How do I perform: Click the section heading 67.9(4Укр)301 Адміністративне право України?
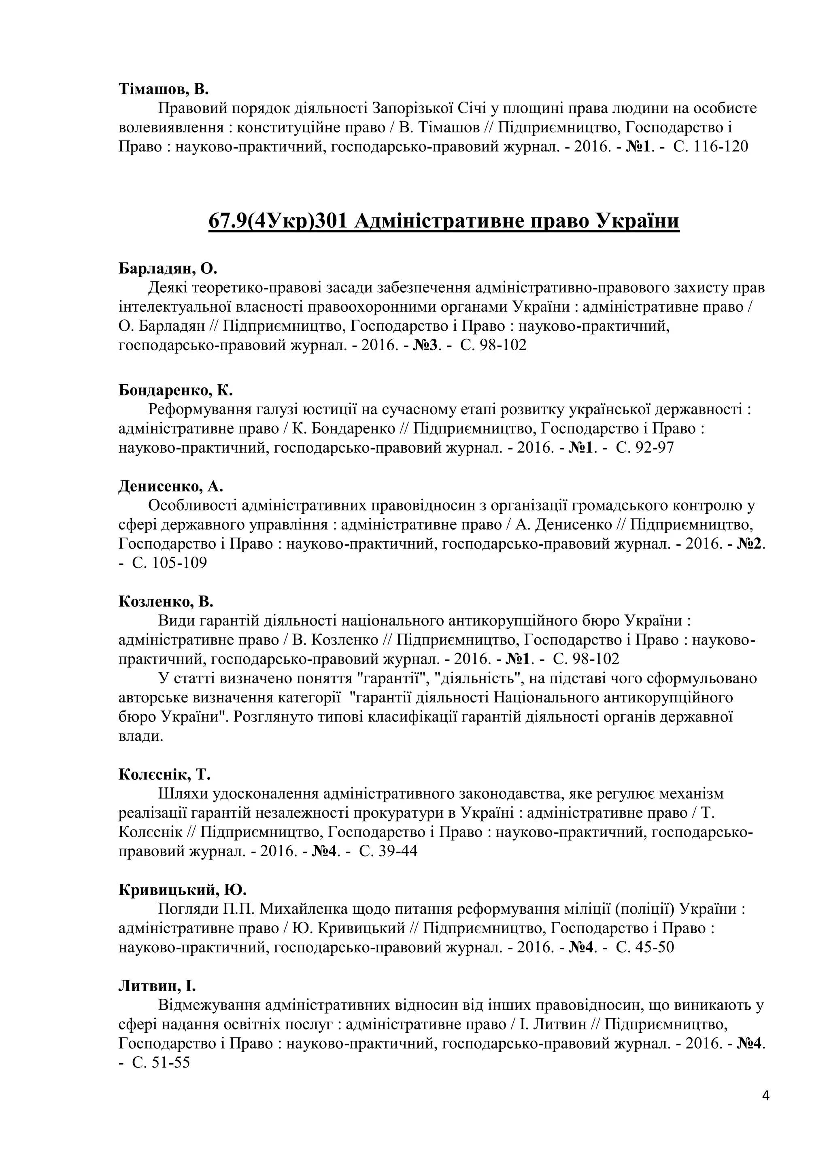click(x=444, y=221)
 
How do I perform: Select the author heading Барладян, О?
click(x=168, y=268)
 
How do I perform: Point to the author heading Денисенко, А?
click(x=171, y=486)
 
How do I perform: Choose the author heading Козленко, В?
click(x=166, y=601)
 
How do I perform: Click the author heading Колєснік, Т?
click(x=164, y=774)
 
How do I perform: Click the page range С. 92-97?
click(x=645, y=448)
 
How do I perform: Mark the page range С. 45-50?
click(x=645, y=947)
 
